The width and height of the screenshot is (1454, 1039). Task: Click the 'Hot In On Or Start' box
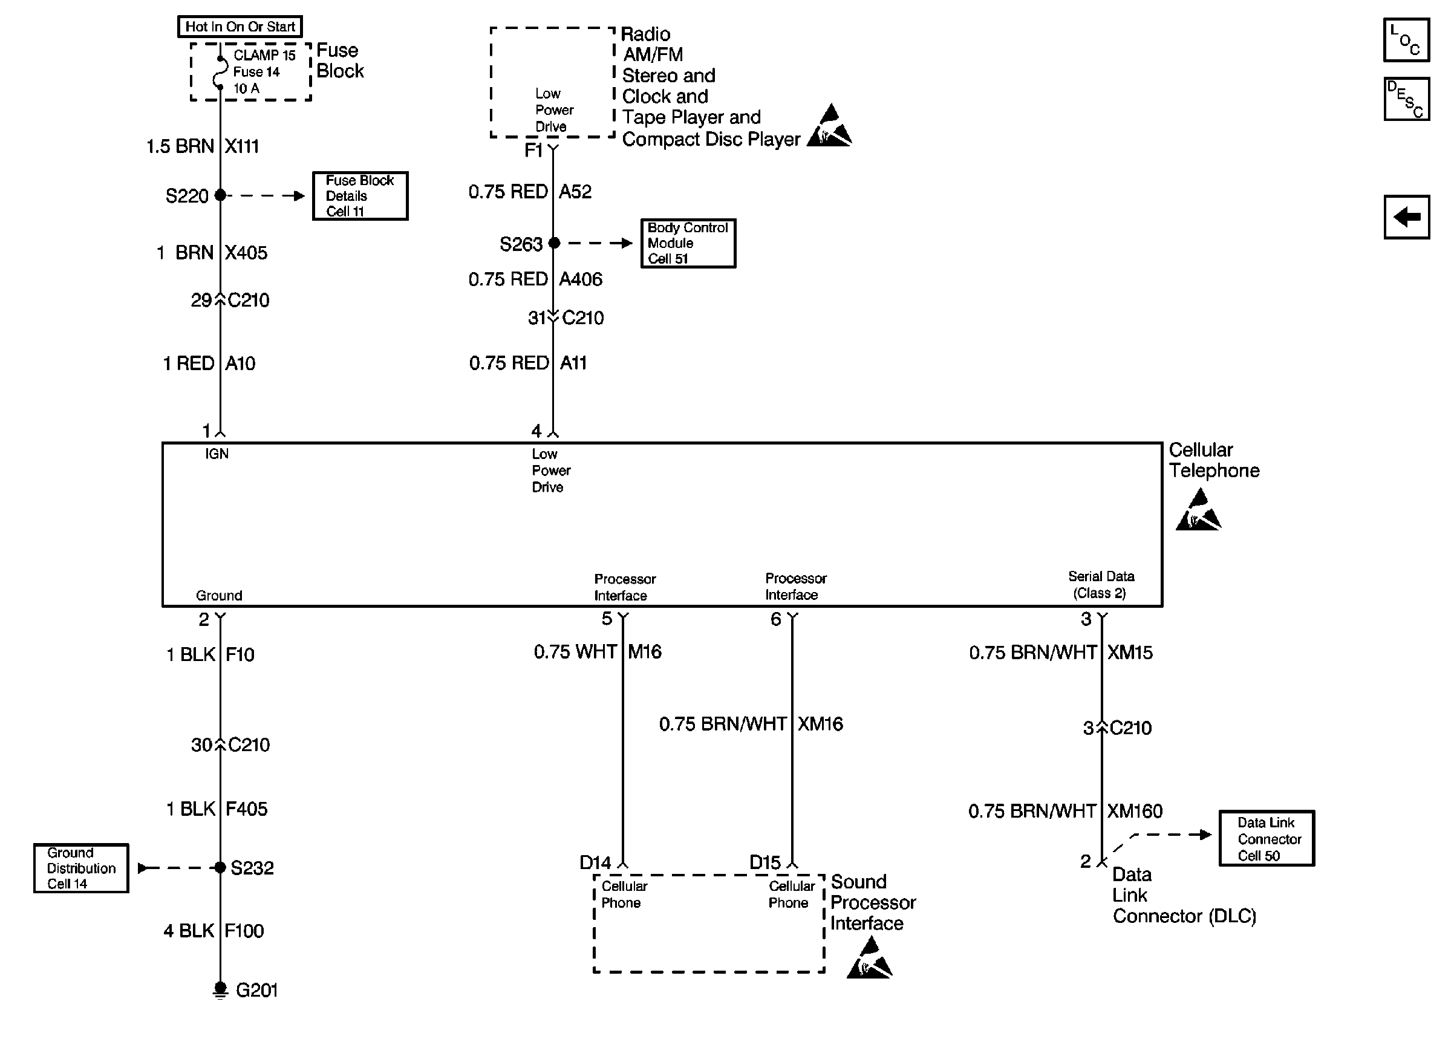pos(240,27)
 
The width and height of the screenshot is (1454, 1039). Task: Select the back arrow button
pos(1406,217)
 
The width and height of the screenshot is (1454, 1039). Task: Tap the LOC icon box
pos(1406,40)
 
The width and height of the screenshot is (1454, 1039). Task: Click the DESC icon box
pos(1406,99)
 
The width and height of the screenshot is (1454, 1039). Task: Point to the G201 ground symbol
pos(220,990)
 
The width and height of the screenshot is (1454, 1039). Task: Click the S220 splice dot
pos(220,195)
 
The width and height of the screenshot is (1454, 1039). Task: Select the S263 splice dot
pos(554,243)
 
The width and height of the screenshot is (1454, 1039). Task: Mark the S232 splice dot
pos(220,867)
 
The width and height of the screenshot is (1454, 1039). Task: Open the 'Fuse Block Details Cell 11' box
pos(360,196)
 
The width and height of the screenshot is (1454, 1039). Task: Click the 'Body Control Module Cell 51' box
pos(688,243)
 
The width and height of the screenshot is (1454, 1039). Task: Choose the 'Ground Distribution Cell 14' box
pos(81,868)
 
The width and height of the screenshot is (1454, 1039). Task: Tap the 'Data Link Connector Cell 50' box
pos(1267,838)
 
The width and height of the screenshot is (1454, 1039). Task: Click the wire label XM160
pos(1135,811)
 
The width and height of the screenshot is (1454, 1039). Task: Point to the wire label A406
pos(581,279)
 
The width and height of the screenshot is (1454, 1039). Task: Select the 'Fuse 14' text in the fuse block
pos(256,71)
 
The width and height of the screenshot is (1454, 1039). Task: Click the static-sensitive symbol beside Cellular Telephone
pos(1198,509)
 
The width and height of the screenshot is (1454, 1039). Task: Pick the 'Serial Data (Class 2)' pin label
pos(1101,585)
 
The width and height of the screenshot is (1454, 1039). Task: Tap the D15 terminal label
pos(765,862)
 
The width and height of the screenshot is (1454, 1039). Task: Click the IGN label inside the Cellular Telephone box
pos(217,454)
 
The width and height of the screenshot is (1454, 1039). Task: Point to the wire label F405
pos(247,809)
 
